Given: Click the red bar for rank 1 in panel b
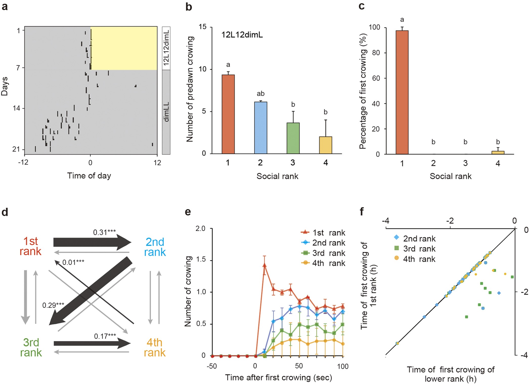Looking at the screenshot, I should (228, 114).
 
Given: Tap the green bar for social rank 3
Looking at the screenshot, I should (293, 138).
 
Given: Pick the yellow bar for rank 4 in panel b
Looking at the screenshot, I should (325, 145).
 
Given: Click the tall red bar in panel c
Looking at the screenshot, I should (402, 92).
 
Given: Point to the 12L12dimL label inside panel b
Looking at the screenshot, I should (242, 35).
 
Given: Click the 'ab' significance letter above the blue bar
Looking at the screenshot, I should (260, 94).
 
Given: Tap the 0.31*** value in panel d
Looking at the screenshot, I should (104, 232).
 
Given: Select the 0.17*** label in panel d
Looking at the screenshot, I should (105, 336).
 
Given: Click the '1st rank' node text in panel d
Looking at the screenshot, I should (30, 246).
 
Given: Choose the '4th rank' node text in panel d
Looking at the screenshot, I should (154, 348).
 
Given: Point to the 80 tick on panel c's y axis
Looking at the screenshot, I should (376, 53).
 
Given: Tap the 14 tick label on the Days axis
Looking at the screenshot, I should (16, 108).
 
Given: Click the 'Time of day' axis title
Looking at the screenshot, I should (89, 176).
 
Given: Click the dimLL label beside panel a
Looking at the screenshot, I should (166, 112).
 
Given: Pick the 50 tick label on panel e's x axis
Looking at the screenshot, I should (299, 366).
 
